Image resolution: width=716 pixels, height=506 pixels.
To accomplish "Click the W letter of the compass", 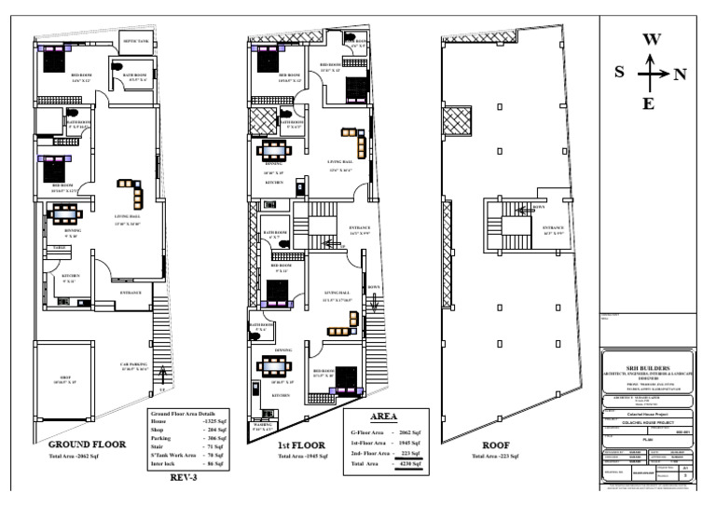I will [652, 40].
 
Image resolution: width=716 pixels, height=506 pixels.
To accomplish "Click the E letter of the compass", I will [652, 103].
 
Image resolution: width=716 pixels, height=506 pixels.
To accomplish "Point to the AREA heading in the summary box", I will [385, 418].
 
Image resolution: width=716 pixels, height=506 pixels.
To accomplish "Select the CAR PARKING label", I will [133, 364].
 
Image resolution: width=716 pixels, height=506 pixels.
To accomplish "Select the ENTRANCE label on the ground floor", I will [130, 294].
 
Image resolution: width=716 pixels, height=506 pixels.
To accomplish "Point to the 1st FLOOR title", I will [296, 446].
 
